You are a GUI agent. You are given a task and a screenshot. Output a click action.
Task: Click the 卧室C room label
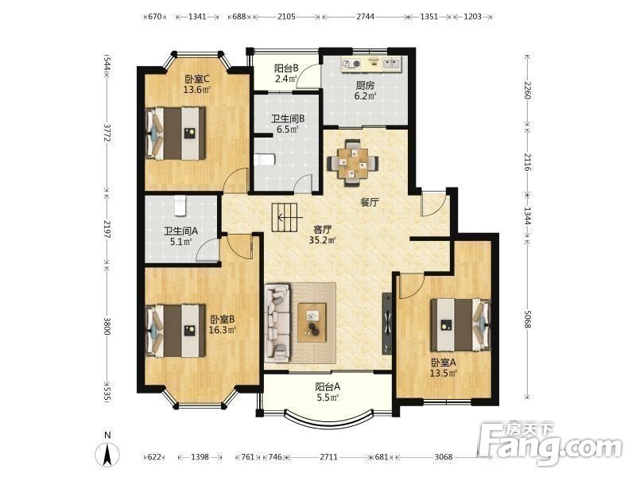click(x=197, y=79)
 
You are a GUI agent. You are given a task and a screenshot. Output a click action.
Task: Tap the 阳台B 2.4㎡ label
click(x=286, y=73)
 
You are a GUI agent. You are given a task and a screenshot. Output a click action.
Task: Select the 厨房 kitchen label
click(x=365, y=86)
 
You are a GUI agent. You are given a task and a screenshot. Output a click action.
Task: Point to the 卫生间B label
click(x=288, y=118)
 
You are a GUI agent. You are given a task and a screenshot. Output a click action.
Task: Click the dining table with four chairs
click(x=353, y=162)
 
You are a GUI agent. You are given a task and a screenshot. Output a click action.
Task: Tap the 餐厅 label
click(x=369, y=203)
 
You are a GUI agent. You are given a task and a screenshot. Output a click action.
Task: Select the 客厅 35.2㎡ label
click(x=323, y=235)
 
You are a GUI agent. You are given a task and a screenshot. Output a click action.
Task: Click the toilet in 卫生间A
click(x=180, y=205)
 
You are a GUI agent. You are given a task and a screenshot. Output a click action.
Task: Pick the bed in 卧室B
click(x=176, y=331)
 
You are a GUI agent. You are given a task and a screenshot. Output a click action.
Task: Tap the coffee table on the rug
click(x=312, y=323)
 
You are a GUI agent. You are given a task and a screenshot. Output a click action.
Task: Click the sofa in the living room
click(x=277, y=324)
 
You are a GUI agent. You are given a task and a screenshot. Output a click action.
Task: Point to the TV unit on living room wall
click(x=387, y=324)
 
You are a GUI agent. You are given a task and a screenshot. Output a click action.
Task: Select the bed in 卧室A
click(x=460, y=324)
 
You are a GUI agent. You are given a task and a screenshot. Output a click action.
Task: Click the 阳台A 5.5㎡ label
click(x=328, y=392)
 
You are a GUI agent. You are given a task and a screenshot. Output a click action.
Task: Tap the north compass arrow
click(x=107, y=454)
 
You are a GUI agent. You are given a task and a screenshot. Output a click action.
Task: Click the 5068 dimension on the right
click(x=526, y=320)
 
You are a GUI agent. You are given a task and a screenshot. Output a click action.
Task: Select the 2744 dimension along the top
click(x=365, y=17)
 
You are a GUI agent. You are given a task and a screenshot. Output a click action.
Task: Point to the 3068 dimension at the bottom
click(x=444, y=457)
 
